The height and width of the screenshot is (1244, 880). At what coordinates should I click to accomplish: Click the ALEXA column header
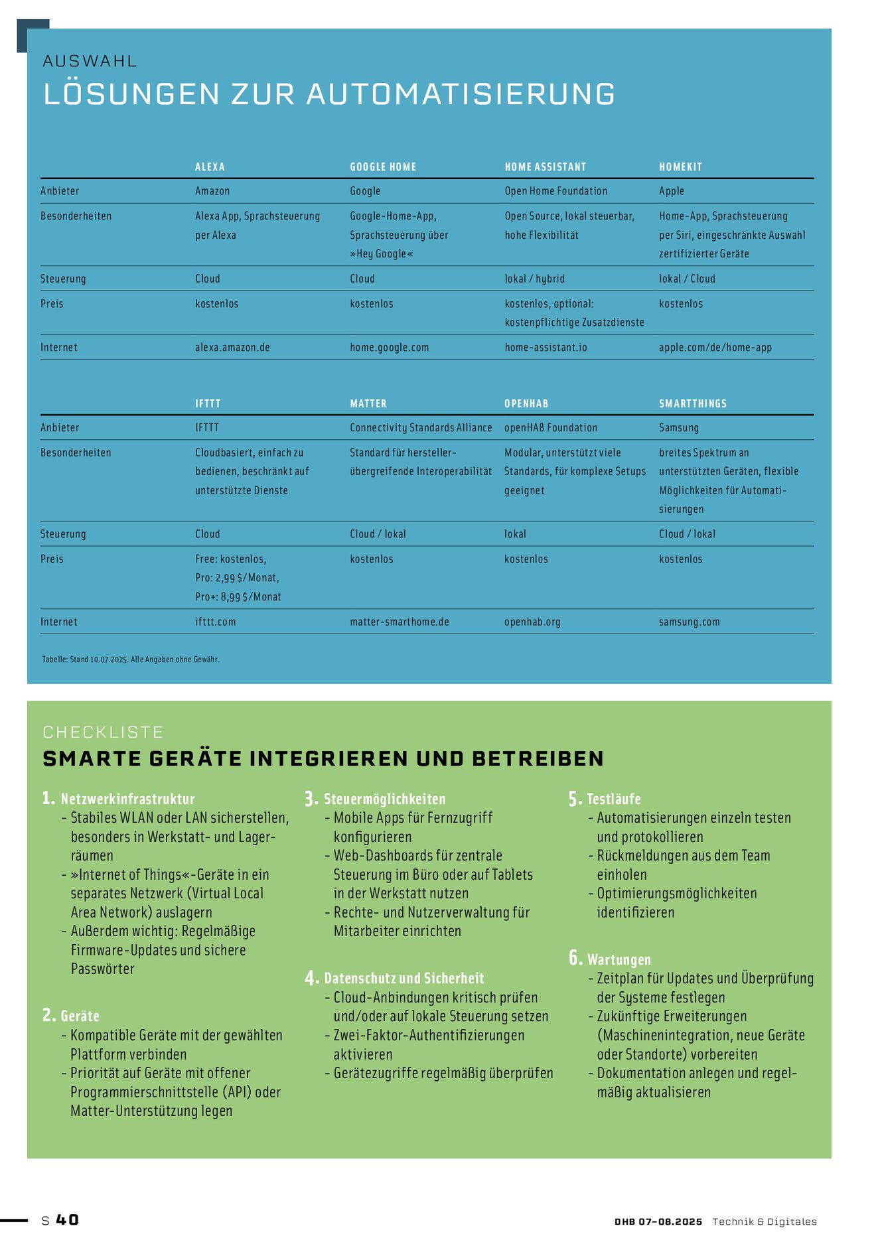pyautogui.click(x=210, y=167)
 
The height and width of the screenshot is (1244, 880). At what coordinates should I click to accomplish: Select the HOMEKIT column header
pyautogui.click(x=680, y=167)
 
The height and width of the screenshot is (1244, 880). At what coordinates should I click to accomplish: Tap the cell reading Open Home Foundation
pyautogui.click(x=555, y=191)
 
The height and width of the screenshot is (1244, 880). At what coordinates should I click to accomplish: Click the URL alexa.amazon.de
pyautogui.click(x=232, y=348)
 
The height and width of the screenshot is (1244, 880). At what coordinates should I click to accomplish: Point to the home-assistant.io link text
pyautogui.click(x=546, y=348)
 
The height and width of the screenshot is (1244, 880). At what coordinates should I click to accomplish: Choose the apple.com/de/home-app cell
pyautogui.click(x=715, y=348)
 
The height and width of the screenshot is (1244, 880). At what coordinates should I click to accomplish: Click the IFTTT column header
pyautogui.click(x=208, y=403)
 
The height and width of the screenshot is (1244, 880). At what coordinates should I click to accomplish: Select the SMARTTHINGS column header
pyautogui.click(x=692, y=403)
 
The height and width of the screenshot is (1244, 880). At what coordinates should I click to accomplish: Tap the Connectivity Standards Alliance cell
pyautogui.click(x=421, y=428)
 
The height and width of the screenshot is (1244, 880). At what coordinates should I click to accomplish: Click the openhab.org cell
pyautogui.click(x=532, y=622)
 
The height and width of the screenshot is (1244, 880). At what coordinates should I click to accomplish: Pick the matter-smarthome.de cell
pyautogui.click(x=400, y=622)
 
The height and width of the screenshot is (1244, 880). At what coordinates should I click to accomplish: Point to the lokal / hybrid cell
pyautogui.click(x=534, y=279)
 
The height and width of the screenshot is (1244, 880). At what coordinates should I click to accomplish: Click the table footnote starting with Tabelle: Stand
pyautogui.click(x=131, y=659)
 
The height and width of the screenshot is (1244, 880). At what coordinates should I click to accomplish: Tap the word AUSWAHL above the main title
pyautogui.click(x=90, y=62)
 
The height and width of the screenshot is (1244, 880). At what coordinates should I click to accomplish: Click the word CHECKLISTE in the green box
pyautogui.click(x=103, y=732)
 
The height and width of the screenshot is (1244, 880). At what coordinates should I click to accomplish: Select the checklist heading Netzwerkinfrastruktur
pyautogui.click(x=127, y=799)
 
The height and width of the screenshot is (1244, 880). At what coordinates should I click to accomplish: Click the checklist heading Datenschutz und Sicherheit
pyautogui.click(x=403, y=979)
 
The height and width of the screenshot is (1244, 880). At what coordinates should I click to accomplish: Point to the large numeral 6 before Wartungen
pyautogui.click(x=575, y=958)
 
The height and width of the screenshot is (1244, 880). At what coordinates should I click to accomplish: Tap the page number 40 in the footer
pyautogui.click(x=67, y=1220)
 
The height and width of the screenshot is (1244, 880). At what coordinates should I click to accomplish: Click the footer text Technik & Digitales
pyautogui.click(x=764, y=1221)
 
